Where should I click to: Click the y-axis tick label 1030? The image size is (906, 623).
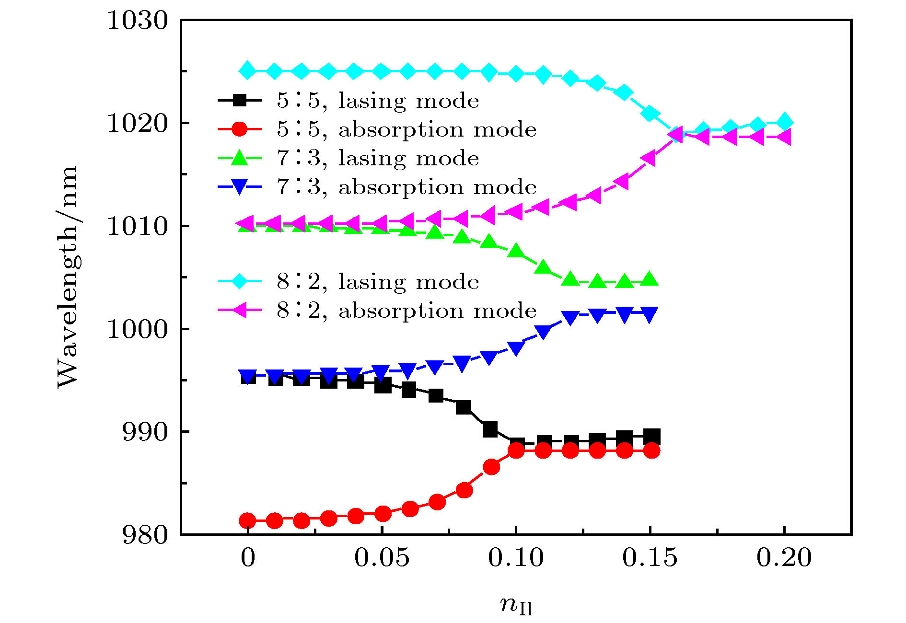click(137, 21)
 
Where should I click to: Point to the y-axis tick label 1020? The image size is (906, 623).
click(137, 124)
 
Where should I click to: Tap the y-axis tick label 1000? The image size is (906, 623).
click(137, 330)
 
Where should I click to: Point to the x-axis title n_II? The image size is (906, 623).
click(516, 605)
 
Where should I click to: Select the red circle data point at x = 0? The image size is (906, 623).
click(247, 520)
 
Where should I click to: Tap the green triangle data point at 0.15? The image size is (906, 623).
click(650, 279)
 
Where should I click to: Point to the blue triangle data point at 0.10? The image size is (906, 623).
click(516, 348)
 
